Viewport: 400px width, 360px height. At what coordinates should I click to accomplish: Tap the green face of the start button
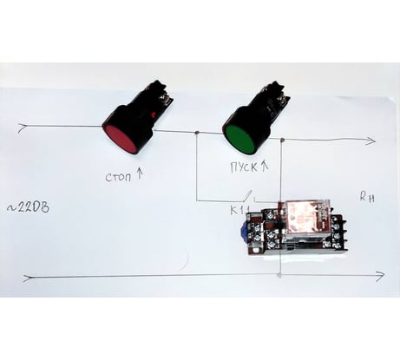239,139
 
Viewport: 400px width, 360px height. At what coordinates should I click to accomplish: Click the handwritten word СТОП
118,177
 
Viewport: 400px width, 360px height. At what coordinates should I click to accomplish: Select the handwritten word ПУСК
244,167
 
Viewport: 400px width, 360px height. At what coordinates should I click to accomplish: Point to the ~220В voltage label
28,207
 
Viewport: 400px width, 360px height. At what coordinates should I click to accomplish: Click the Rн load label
367,198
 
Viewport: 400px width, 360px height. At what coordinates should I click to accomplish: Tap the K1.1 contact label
240,210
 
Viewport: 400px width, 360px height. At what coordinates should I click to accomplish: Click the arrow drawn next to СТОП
140,173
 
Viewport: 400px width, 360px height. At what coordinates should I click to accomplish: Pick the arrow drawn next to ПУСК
266,166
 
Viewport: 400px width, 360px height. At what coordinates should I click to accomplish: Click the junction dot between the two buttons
197,133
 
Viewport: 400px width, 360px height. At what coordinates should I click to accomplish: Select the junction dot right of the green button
283,141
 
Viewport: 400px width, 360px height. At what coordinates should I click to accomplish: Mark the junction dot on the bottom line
279,275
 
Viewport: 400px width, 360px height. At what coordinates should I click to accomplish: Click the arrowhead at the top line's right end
372,141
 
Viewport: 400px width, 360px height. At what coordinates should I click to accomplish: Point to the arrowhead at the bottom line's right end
381,276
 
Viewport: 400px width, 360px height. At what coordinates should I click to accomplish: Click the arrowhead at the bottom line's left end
28,278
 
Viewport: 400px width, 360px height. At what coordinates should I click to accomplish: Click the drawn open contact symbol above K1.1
249,197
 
